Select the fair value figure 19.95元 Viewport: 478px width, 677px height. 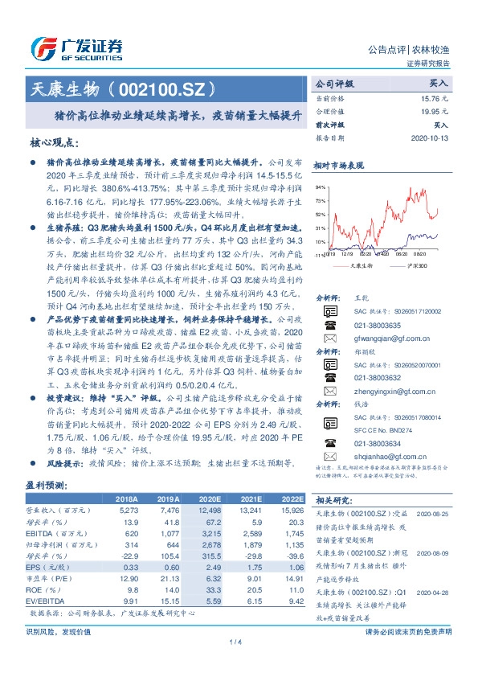click(x=433, y=111)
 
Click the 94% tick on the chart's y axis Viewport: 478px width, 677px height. click(x=320, y=187)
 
